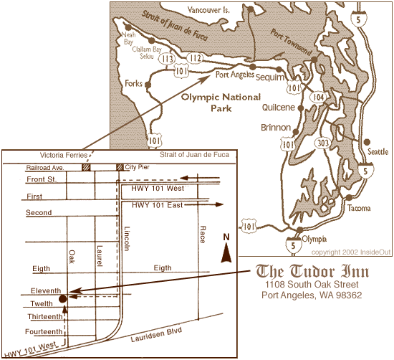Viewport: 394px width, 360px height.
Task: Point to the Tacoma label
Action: pyautogui.click(x=358, y=208)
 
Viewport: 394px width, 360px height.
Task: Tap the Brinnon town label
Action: pyautogui.click(x=276, y=128)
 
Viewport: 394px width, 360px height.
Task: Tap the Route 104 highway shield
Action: pyautogui.click(x=318, y=95)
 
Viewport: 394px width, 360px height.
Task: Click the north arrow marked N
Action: pyautogui.click(x=226, y=248)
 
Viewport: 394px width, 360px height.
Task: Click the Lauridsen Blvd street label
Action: pyautogui.click(x=153, y=335)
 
